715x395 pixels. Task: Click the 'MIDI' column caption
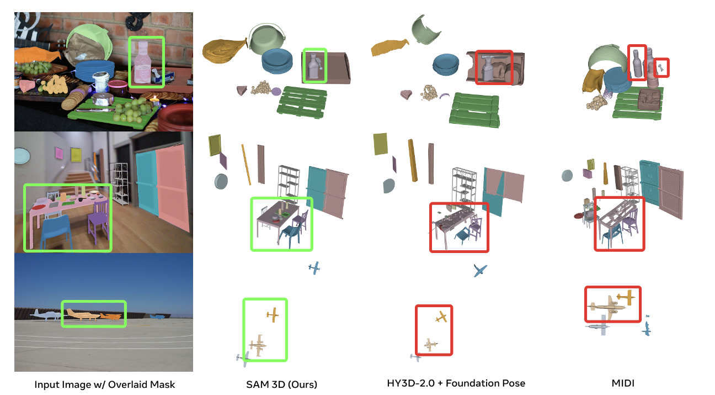(x=623, y=383)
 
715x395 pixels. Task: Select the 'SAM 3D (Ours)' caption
(x=281, y=384)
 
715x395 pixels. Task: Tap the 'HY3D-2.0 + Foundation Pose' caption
(x=456, y=383)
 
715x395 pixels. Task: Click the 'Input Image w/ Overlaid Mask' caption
(x=105, y=385)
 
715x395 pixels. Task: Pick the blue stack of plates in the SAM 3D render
(x=277, y=61)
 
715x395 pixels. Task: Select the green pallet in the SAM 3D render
(x=302, y=102)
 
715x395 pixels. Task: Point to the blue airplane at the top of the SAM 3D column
(x=314, y=268)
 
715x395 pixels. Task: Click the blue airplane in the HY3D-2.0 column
(x=480, y=270)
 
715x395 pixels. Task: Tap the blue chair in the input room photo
(x=56, y=231)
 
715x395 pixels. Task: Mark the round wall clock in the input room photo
(x=22, y=156)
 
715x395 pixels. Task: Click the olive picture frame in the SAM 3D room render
(x=215, y=145)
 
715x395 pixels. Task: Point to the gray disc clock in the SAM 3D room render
(x=221, y=181)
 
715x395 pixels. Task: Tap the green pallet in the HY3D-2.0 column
(x=474, y=109)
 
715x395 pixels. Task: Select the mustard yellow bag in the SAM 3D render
(x=224, y=50)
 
